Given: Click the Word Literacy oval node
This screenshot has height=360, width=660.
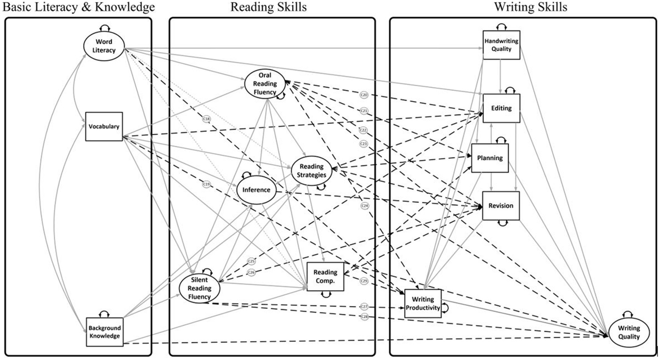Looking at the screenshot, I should pyautogui.click(x=104, y=46).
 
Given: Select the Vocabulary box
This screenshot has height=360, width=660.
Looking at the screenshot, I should pyautogui.click(x=104, y=126).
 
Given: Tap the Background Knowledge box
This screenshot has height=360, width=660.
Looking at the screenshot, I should pyautogui.click(x=104, y=332).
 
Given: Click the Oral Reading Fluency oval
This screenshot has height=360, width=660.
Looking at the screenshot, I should pyautogui.click(x=265, y=83).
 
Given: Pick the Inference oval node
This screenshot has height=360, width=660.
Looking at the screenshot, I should pyautogui.click(x=256, y=190).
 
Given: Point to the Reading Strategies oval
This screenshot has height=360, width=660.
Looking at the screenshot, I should pyautogui.click(x=313, y=171).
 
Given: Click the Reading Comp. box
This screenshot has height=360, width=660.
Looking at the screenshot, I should pyautogui.click(x=325, y=277).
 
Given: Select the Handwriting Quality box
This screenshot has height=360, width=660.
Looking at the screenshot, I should pyautogui.click(x=501, y=45).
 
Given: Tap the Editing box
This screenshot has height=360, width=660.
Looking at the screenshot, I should pyautogui.click(x=501, y=108).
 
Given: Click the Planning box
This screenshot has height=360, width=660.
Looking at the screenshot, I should pyautogui.click(x=490, y=158).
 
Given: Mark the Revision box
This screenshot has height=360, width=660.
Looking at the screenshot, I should pyautogui.click(x=501, y=206).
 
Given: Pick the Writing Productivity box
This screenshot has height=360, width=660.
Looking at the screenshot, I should pyautogui.click(x=423, y=304).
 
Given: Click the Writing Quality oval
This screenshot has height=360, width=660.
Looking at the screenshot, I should pyautogui.click(x=629, y=333).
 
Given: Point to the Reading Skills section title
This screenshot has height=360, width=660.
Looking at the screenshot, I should pyautogui.click(x=269, y=7).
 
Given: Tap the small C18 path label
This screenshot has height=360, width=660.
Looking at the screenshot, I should pyautogui.click(x=207, y=119).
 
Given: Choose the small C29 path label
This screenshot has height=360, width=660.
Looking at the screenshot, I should pyautogui.click(x=364, y=281).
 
